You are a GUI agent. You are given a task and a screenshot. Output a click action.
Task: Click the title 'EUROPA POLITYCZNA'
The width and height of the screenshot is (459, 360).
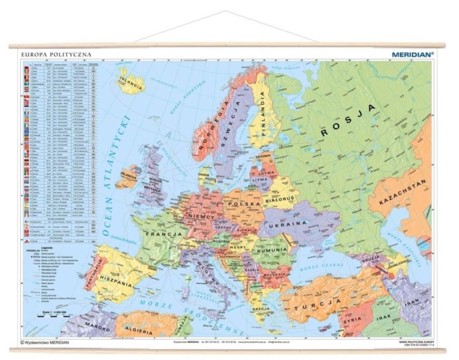pyautogui.click(x=56, y=54)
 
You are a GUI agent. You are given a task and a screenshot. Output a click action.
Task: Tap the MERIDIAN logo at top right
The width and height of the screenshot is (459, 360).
pyautogui.click(x=412, y=54)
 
